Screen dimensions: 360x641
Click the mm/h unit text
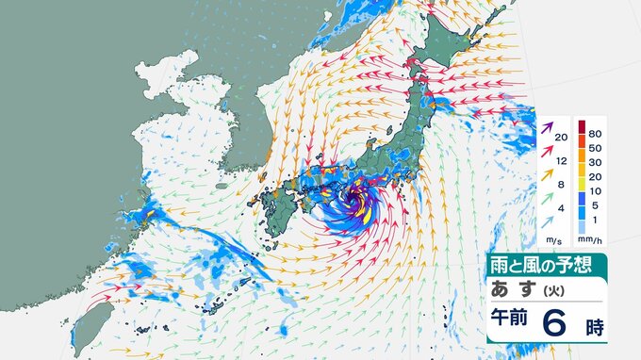click(x=591, y=238)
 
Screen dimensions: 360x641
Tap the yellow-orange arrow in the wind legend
click(x=546, y=173)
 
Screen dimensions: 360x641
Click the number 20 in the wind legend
click(x=562, y=138)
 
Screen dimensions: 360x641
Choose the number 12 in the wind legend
click(x=562, y=161)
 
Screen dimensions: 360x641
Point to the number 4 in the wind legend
click(x=562, y=207)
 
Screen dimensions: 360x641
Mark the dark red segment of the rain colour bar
click(x=583, y=125)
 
